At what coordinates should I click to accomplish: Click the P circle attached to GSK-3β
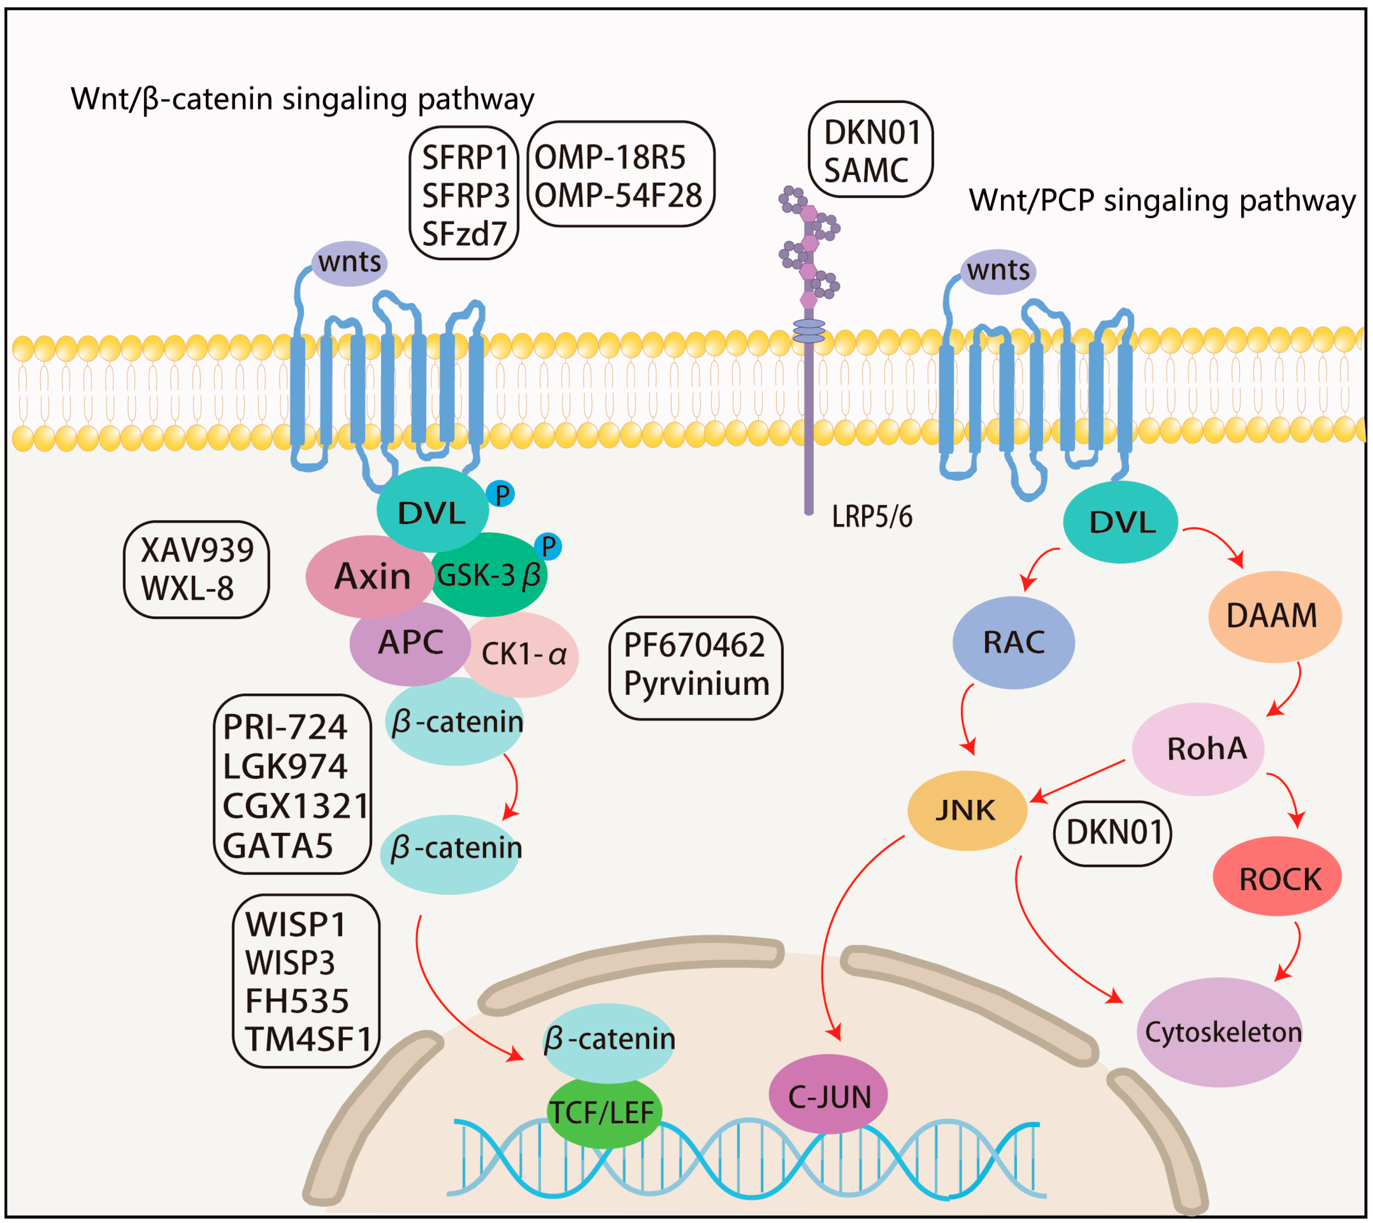(549, 546)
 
